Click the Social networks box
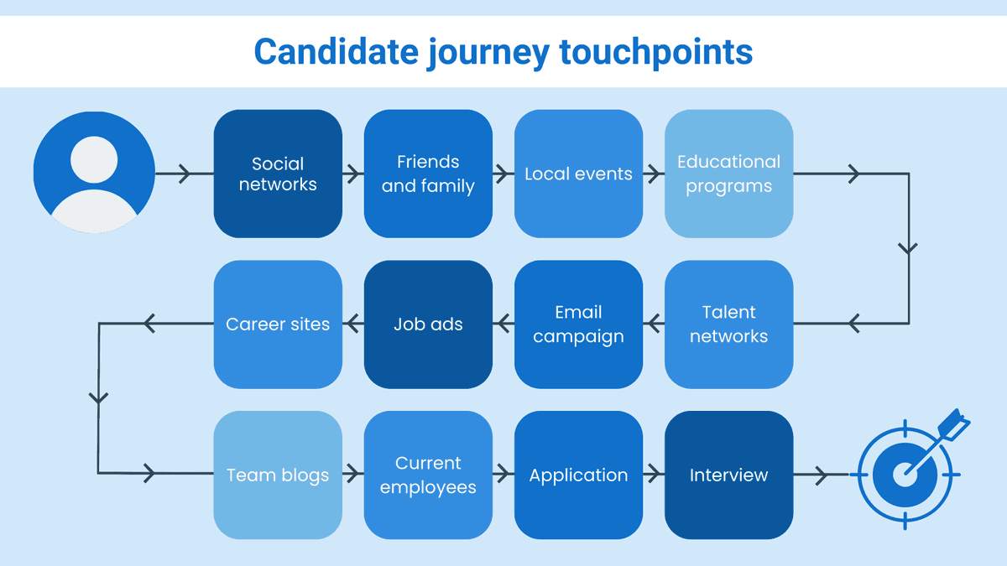(278, 174)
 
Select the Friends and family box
(428, 174)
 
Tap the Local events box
(578, 174)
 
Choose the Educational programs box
(728, 174)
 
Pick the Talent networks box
(728, 324)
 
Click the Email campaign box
(578, 324)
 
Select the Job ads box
(428, 324)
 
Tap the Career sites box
(278, 324)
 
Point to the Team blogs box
(278, 475)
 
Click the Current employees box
(428, 475)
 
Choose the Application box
(578, 475)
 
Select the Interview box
(728, 475)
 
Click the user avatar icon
(94, 174)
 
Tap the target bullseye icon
(904, 475)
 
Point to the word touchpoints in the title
(655, 52)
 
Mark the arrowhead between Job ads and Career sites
(352, 322)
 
